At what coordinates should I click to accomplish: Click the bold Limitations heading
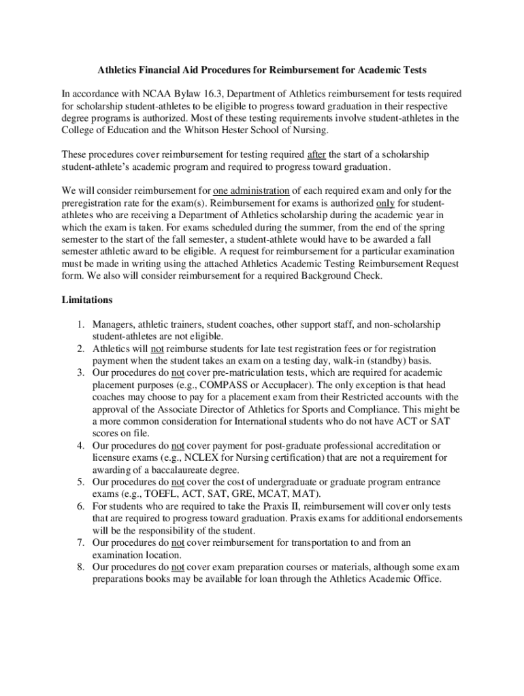(x=87, y=300)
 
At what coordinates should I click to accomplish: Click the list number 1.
(x=80, y=324)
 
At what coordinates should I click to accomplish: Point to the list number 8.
(x=80, y=568)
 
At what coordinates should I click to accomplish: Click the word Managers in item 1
(x=113, y=324)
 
